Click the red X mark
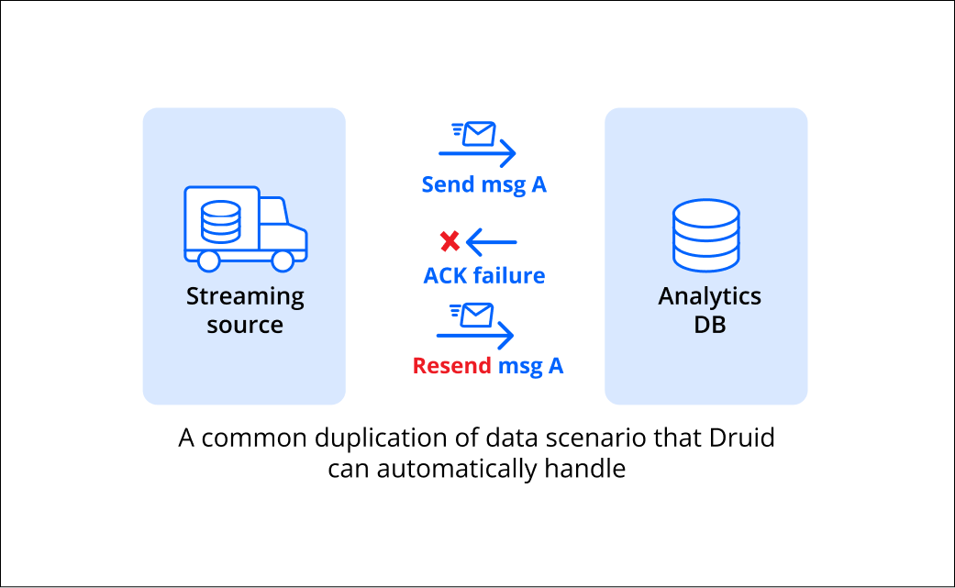tap(450, 241)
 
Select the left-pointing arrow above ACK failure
tap(492, 242)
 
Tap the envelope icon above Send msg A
tap(474, 134)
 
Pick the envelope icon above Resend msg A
tap(472, 316)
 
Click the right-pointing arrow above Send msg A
tap(477, 153)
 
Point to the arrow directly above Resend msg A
tap(475, 335)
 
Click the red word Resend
tap(452, 366)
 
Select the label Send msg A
tap(484, 184)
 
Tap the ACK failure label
tap(484, 276)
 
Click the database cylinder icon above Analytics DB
tap(706, 235)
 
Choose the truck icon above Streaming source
tap(246, 228)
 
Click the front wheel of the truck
tap(283, 261)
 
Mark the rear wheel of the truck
tap(208, 261)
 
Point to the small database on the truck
tap(220, 222)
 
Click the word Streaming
tap(246, 297)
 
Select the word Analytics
tap(709, 297)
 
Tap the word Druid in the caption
tap(742, 438)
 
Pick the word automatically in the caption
tap(457, 469)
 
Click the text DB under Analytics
tap(709, 325)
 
